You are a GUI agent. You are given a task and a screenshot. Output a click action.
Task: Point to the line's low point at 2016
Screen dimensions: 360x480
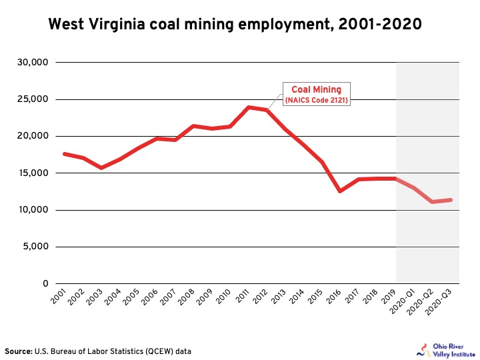click(341, 191)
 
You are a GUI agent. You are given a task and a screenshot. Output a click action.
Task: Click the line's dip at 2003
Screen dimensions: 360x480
click(101, 167)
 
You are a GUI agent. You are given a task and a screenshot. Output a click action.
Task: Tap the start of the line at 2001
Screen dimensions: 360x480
click(65, 154)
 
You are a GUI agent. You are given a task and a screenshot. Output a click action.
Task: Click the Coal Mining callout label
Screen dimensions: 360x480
click(317, 89)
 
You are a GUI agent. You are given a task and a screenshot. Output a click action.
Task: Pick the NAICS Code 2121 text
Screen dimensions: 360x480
click(317, 100)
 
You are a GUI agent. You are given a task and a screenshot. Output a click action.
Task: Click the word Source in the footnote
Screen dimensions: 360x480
click(19, 351)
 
